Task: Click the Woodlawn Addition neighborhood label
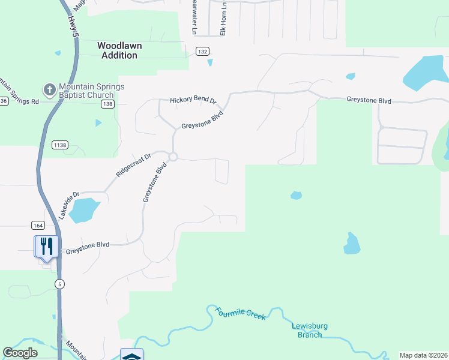[x=118, y=50]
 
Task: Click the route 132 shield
[x=202, y=52]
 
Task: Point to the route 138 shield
[x=107, y=104]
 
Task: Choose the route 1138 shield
[x=60, y=145]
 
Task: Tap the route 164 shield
[x=38, y=225]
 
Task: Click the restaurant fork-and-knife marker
[x=46, y=246]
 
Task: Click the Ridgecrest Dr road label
[x=133, y=164]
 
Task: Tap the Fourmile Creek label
[x=240, y=313]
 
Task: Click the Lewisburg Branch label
[x=310, y=330]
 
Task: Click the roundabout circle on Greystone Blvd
[x=173, y=157]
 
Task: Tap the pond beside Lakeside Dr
[x=83, y=210]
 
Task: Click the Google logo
[x=20, y=353]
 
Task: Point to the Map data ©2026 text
[x=423, y=355]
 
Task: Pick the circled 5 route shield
[x=59, y=283]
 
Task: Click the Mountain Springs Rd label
[x=19, y=101]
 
